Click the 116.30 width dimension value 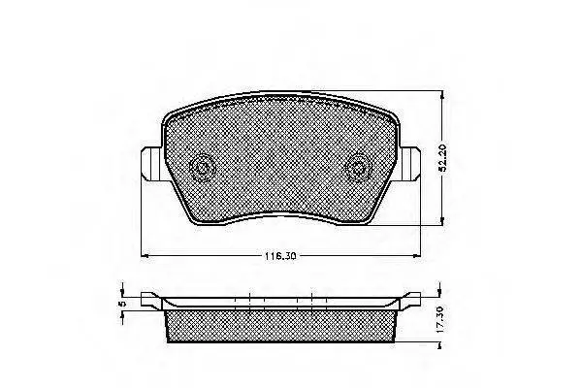280,256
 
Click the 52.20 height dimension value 442,159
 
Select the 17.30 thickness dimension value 440,319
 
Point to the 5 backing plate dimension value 120,304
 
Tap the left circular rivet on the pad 203,168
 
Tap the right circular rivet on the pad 358,168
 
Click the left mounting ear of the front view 151,164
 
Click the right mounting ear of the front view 409,164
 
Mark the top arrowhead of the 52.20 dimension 441,95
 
